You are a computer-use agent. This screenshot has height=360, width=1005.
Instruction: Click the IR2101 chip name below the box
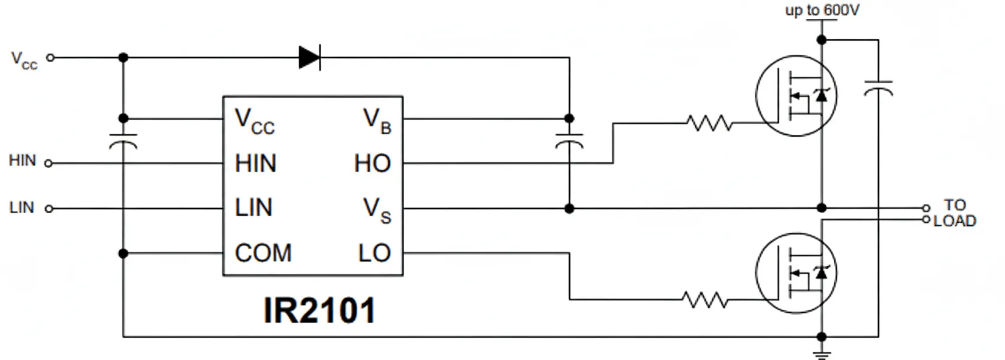[x=319, y=310]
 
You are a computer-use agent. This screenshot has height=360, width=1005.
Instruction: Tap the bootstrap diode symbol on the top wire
[x=310, y=57]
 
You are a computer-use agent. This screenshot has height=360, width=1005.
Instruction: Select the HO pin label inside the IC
[x=372, y=163]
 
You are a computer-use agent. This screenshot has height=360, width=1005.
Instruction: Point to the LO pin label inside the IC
[x=374, y=253]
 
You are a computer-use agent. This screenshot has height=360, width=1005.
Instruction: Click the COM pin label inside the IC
[x=263, y=253]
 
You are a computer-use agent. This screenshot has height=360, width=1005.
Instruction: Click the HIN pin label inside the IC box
[x=255, y=163]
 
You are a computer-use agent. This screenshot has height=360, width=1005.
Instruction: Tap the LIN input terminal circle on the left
[x=49, y=208]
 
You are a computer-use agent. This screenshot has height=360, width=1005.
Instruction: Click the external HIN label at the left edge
[x=23, y=160]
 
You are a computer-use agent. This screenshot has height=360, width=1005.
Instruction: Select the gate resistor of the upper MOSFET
[x=709, y=123]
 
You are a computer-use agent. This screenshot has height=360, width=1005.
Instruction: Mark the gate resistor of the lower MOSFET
[x=705, y=300]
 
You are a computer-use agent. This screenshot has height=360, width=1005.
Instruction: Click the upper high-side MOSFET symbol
[x=796, y=96]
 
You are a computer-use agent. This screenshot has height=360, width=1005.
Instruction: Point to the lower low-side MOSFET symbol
[x=796, y=272]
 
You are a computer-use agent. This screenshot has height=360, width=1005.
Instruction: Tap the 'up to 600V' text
[x=822, y=10]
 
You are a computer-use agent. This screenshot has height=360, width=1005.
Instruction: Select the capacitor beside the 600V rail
[x=878, y=88]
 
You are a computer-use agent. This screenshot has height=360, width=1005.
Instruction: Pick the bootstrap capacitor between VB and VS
[x=569, y=140]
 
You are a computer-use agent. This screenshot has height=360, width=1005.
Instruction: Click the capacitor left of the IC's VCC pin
[x=123, y=140]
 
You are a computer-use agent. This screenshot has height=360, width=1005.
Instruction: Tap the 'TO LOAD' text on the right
[x=955, y=213]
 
